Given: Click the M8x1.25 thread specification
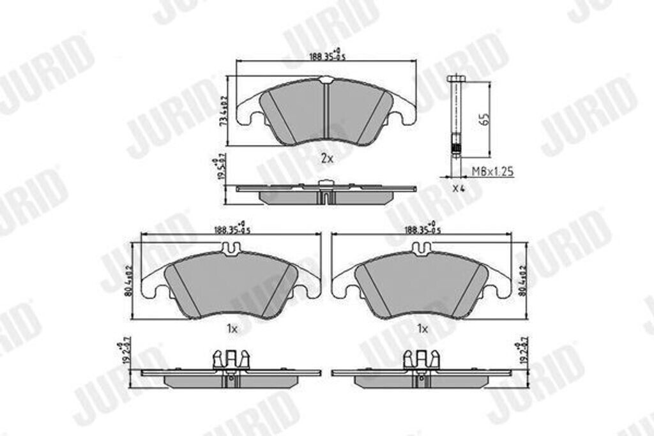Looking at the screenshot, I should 492,171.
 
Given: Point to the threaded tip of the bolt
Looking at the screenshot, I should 455,150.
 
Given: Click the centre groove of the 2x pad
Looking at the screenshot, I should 326,112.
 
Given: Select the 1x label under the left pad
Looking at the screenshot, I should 232,329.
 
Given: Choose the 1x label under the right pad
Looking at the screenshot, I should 422,329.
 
